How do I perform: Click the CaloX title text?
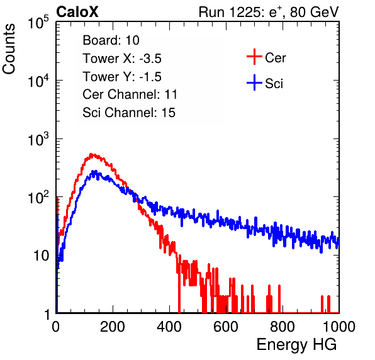(x=77, y=12)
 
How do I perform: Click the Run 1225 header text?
(x=269, y=13)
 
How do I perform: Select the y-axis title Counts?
(x=9, y=49)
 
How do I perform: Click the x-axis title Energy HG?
(x=296, y=345)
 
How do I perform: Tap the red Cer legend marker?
(x=254, y=57)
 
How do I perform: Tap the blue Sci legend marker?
(x=254, y=82)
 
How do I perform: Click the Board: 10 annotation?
(x=111, y=40)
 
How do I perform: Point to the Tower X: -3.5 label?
(x=122, y=59)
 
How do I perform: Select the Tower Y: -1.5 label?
(x=122, y=77)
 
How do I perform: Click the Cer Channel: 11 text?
(x=130, y=94)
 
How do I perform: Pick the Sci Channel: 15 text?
(x=129, y=113)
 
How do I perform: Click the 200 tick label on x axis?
(x=113, y=327)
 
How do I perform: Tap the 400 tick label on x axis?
(x=169, y=327)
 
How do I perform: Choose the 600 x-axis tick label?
(x=226, y=327)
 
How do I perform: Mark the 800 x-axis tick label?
(x=283, y=327)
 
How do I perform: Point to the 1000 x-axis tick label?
(x=339, y=327)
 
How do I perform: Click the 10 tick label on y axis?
(x=42, y=256)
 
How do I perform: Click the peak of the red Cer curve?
(x=91, y=154)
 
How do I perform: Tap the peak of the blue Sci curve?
(x=95, y=172)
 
